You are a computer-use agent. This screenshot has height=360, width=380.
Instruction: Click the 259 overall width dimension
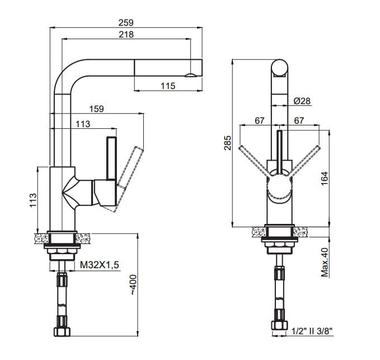pos(126,22)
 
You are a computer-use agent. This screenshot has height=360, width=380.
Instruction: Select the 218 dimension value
pos(126,34)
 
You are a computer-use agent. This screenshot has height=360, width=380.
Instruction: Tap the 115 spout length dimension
pos(168,86)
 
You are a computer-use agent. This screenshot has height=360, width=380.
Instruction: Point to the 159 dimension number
pos(96,109)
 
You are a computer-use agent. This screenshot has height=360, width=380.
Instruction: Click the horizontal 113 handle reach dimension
pos(83,124)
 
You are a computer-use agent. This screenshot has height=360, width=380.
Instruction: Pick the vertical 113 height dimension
pos(33,200)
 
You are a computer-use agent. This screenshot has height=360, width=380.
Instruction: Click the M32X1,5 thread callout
pos(100,265)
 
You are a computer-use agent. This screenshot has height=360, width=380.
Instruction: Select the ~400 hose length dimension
pos(133,285)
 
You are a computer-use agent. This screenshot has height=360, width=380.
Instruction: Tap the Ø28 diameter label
pos(302,101)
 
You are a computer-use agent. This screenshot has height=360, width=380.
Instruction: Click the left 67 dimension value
pos(259,120)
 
